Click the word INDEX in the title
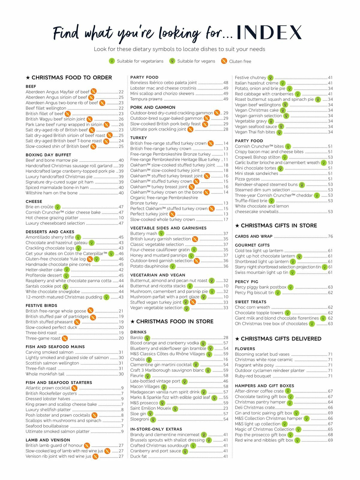coord(269,32)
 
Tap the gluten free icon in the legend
coord(224,61)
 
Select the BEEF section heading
coord(31,86)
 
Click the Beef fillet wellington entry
coord(46,108)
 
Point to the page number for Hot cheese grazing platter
coord(121,218)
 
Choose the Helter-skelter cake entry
coord(44,270)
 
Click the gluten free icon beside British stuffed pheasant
coord(77,322)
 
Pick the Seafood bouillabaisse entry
coord(47,426)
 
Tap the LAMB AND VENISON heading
coord(48,440)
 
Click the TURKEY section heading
coord(139,138)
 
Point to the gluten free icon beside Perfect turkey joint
coord(172,214)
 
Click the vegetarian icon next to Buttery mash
coord(161,233)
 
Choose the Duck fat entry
coord(139,456)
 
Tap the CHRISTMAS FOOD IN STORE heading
coord(175,322)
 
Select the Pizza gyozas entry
coord(247,179)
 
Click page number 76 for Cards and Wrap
coord(330,236)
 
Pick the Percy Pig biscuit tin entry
coord(254,292)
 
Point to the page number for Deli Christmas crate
coord(330,408)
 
